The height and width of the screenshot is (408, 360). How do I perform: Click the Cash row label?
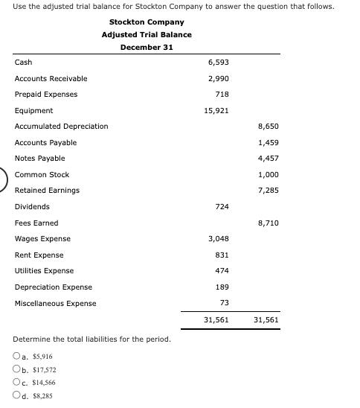(23, 63)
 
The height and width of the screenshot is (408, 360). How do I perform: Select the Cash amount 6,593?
(218, 63)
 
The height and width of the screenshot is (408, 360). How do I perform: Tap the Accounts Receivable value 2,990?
(218, 78)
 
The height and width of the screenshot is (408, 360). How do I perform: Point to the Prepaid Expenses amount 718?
(222, 95)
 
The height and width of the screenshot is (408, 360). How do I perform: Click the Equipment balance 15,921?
(216, 110)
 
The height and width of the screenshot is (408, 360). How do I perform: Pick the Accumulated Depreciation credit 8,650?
(268, 127)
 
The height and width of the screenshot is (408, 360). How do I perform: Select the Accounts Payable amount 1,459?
(268, 142)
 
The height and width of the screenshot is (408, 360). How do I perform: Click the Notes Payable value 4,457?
(268, 159)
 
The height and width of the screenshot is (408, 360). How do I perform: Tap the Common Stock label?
(42, 174)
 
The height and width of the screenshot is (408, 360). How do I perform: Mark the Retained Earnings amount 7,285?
(268, 191)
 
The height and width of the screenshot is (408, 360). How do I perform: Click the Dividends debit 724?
(222, 206)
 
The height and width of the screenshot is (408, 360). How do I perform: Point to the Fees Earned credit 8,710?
(268, 223)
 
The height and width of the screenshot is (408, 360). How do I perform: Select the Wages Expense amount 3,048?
(218, 238)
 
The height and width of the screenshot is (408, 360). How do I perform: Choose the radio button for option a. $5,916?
(16, 357)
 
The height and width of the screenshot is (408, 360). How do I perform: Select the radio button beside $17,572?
(16, 370)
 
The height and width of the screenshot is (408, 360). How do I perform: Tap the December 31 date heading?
(147, 47)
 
